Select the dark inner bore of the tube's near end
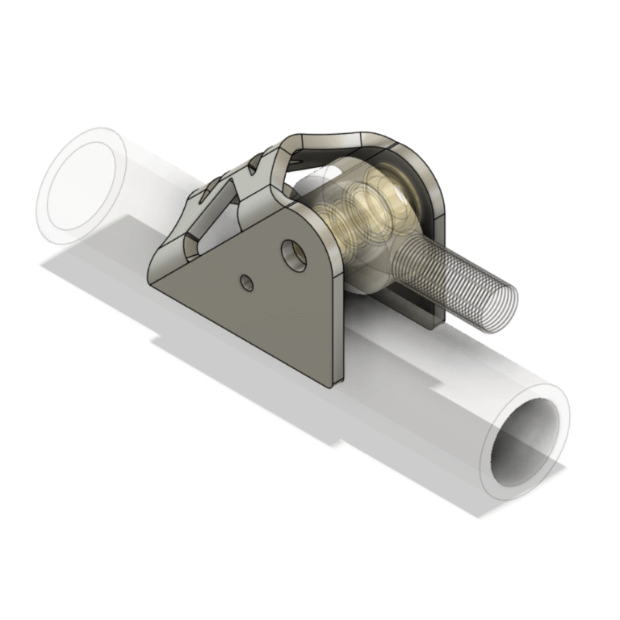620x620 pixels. (526, 441)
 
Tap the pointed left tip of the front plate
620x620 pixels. (150, 278)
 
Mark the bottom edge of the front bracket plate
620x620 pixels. (242, 334)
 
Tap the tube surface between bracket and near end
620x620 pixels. (420, 379)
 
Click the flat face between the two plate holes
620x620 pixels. (270, 270)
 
